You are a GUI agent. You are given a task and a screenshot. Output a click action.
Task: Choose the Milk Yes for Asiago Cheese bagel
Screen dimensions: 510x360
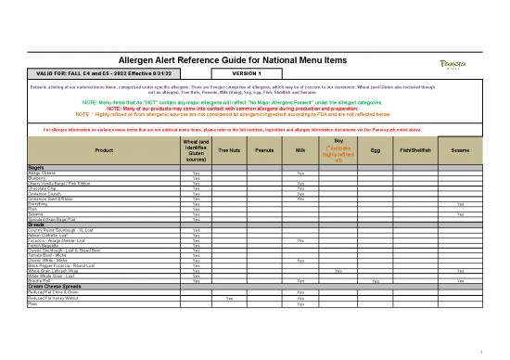pos(300,173)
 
